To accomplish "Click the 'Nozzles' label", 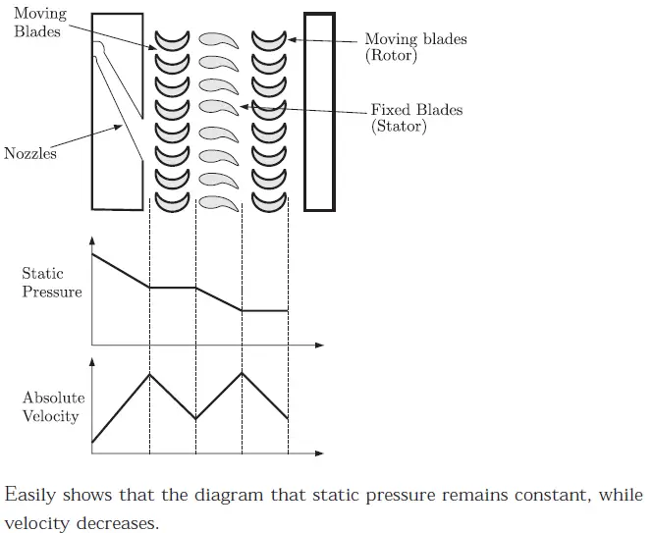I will pos(30,154).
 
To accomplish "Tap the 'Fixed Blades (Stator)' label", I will pos(416,118).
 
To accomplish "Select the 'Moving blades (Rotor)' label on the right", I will pos(415,47).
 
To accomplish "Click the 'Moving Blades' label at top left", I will pos(37,24).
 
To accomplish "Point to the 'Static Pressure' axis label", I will pos(52,283).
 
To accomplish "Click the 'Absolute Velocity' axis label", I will pos(54,407).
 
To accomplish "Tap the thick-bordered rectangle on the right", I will pos(319,111).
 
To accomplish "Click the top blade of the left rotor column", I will pos(172,39).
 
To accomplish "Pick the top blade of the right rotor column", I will pos(268,39).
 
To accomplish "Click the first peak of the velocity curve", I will pos(149,374).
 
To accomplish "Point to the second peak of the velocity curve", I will pos(242,373).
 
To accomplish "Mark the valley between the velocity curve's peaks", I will pos(195,419).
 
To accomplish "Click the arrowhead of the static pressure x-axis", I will pos(319,346).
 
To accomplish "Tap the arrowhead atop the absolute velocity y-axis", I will pos(92,362).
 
